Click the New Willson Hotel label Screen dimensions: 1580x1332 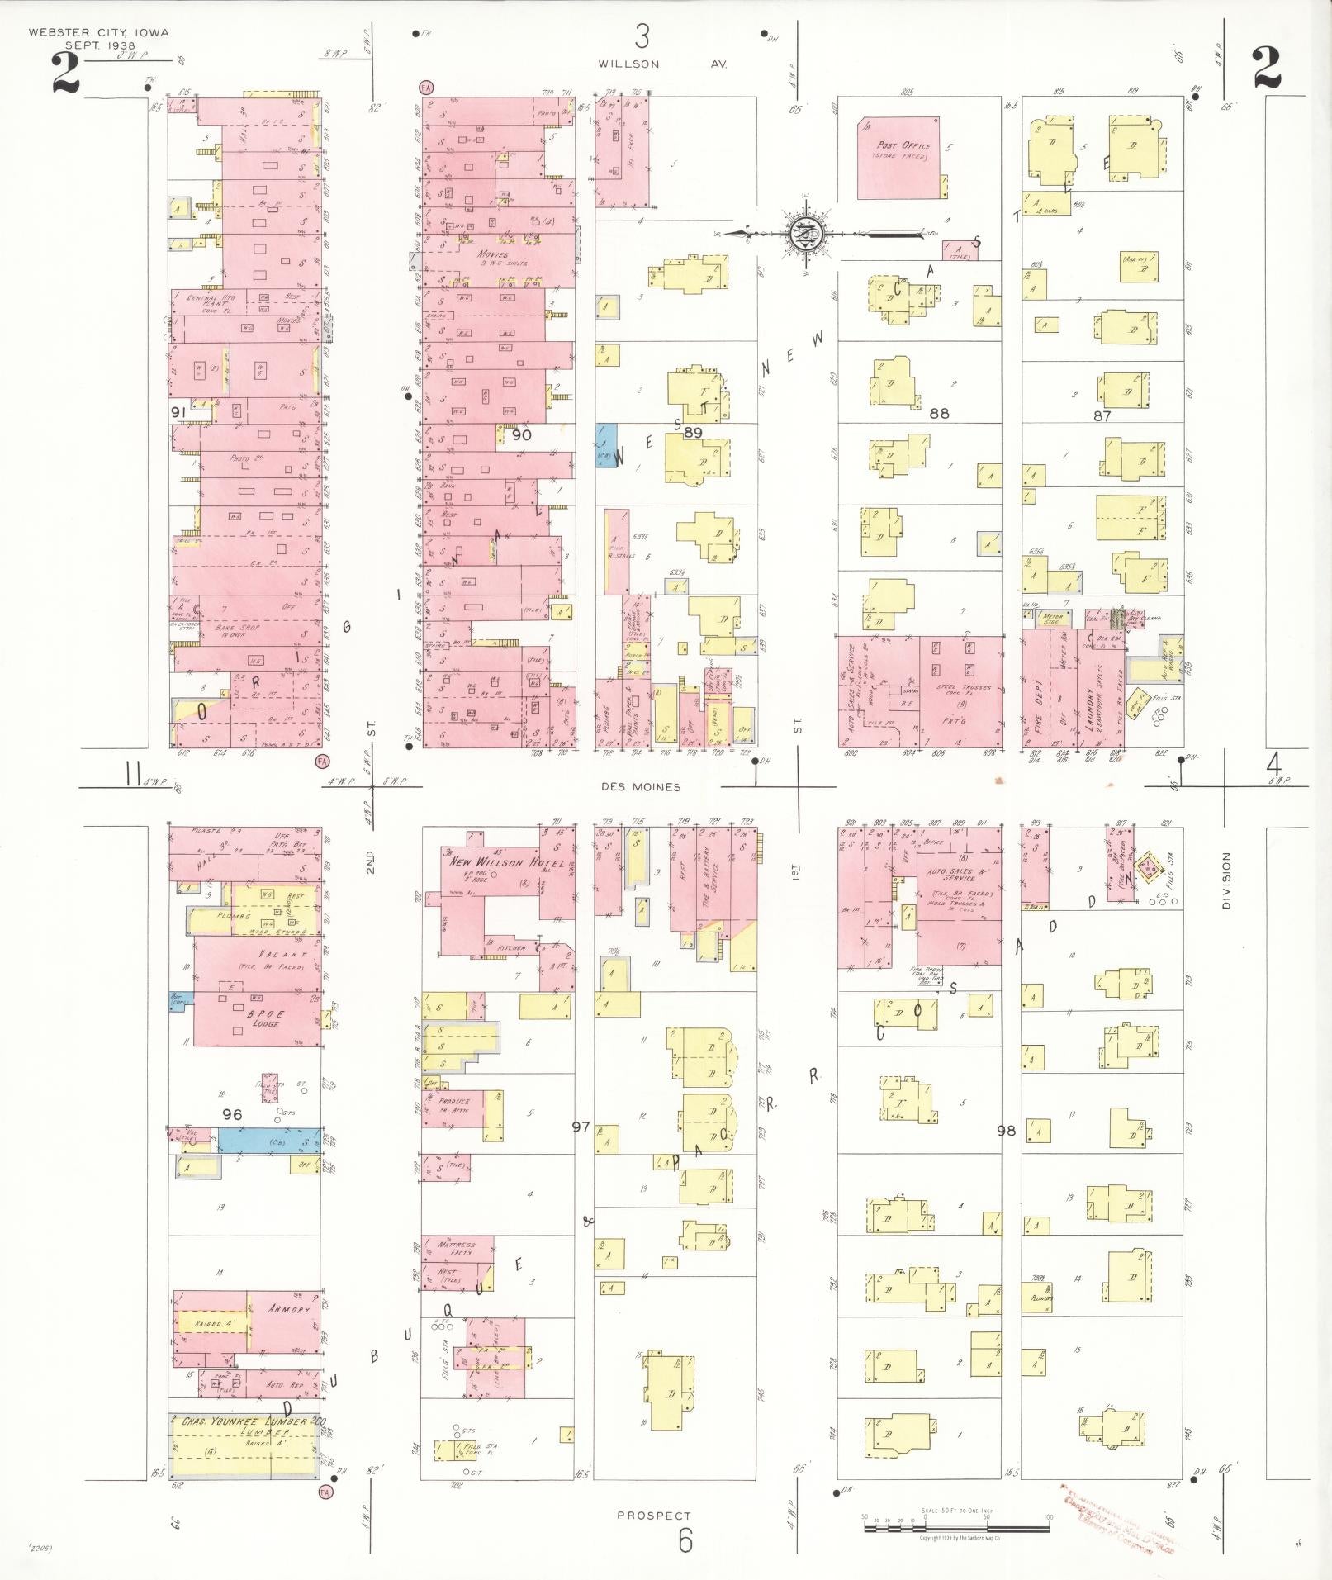point(506,862)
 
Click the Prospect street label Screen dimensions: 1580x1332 point(653,1516)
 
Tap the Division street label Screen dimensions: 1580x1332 point(1225,880)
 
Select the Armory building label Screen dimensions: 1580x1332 point(288,1310)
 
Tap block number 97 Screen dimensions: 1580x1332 point(581,1126)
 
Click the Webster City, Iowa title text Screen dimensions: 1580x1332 point(98,33)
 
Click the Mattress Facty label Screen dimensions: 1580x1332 point(457,1248)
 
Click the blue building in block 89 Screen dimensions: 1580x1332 point(606,446)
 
